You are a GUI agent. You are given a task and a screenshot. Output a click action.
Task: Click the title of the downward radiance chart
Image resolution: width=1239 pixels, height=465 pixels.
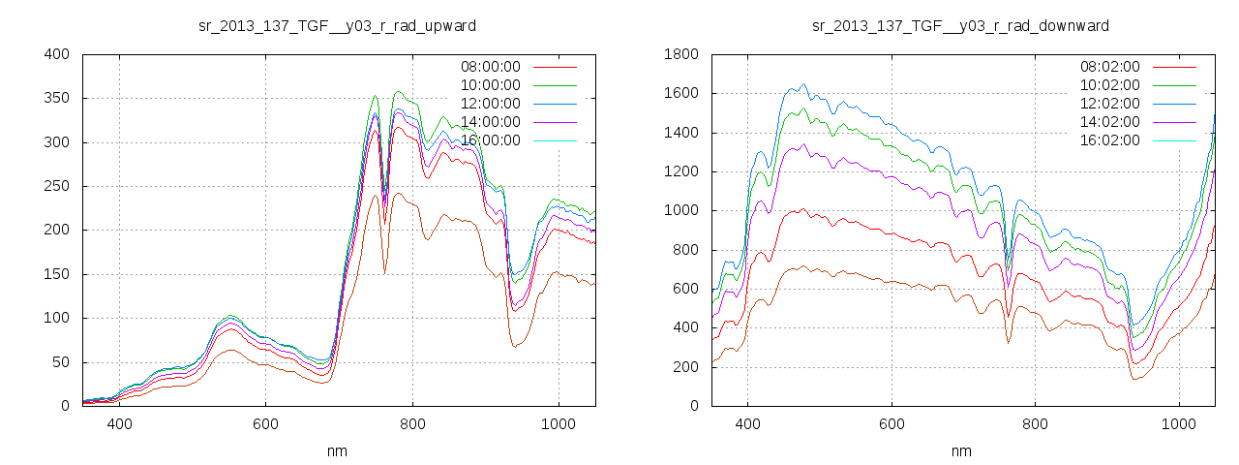(x=960, y=25)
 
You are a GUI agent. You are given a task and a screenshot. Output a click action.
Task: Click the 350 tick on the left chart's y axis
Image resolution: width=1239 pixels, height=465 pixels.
(x=57, y=99)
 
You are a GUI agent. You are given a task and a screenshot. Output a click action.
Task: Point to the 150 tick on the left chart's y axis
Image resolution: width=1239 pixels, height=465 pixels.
(x=57, y=274)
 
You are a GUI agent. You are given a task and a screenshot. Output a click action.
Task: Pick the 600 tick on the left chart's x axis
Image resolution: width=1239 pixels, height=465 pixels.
(x=266, y=423)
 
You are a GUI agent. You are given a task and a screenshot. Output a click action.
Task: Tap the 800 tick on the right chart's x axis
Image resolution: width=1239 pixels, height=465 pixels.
(x=1036, y=423)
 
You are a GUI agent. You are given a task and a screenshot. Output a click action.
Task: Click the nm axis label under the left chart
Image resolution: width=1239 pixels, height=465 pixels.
(x=337, y=451)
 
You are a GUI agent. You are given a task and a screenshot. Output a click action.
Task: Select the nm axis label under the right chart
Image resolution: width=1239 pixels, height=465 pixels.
(x=960, y=451)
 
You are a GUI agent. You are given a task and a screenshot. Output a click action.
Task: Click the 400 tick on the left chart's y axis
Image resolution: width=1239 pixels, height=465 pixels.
(x=57, y=54)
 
